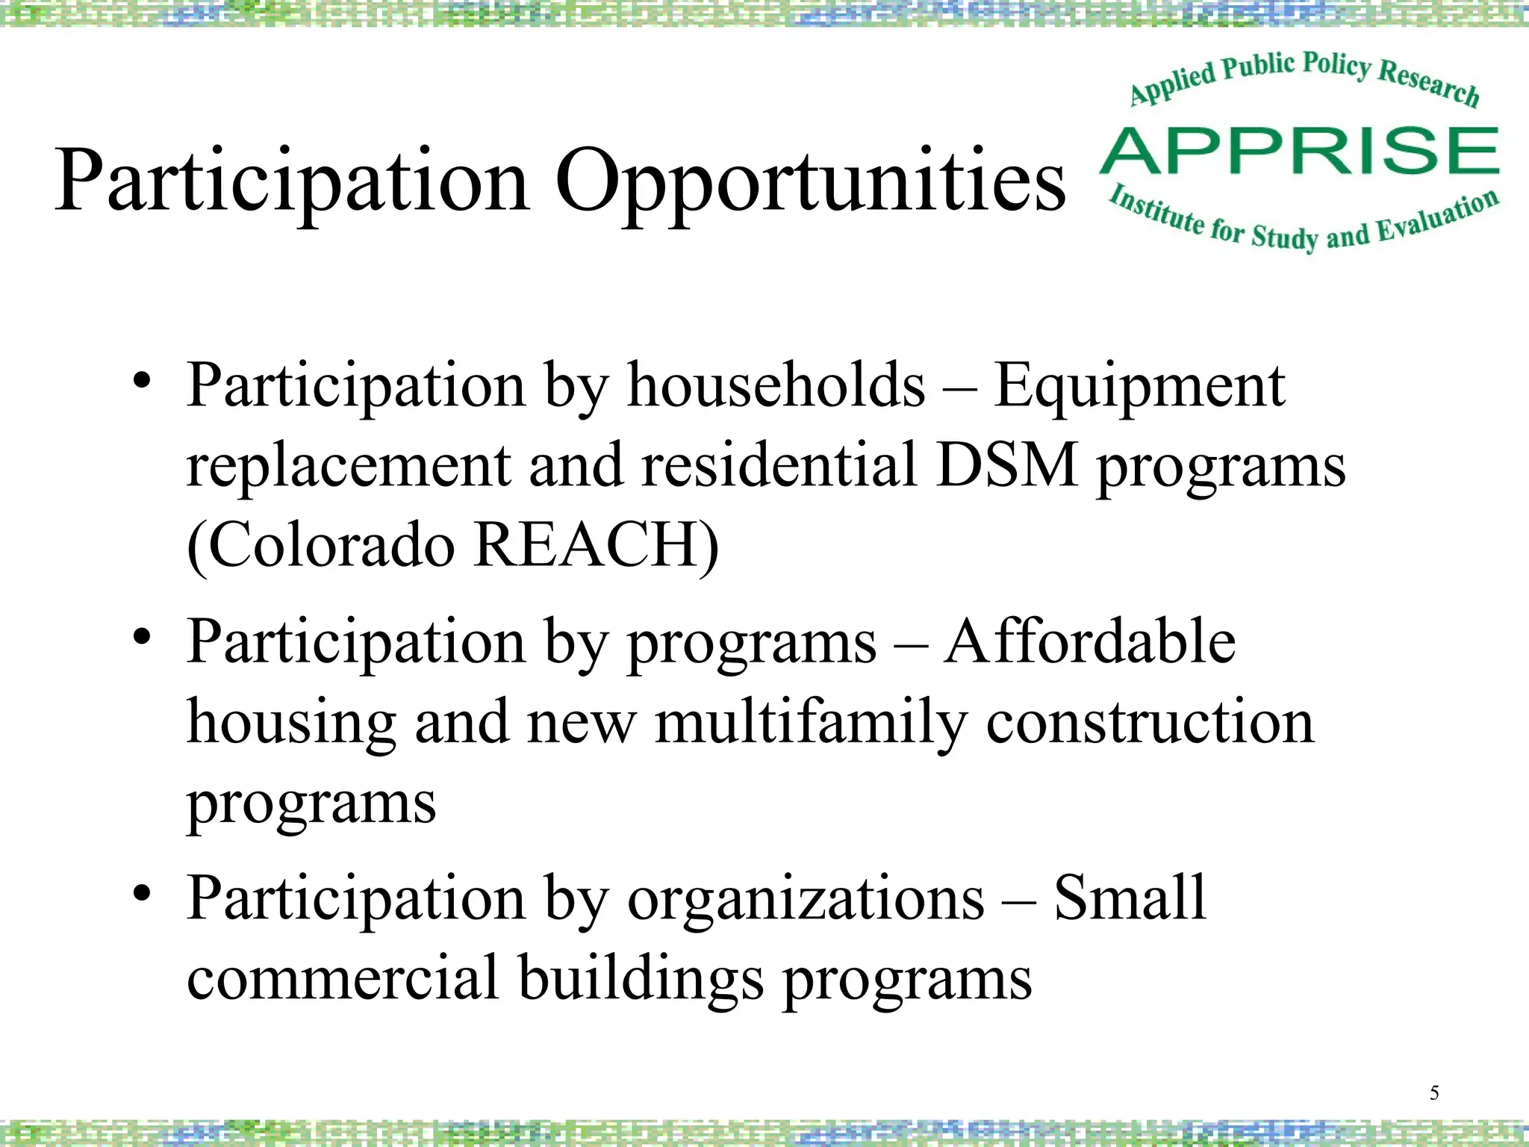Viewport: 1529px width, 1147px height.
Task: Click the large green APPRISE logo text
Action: point(1300,151)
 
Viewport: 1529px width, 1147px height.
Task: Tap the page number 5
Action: point(1433,1093)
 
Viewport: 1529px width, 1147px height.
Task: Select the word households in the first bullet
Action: point(776,385)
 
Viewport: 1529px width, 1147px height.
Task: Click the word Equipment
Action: point(1139,387)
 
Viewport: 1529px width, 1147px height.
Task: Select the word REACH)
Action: point(597,545)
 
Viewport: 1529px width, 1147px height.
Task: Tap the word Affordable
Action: point(1090,641)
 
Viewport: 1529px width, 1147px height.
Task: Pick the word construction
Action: point(1150,721)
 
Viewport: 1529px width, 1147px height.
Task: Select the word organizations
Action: point(806,898)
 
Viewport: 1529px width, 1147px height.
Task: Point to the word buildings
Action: point(641,978)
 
